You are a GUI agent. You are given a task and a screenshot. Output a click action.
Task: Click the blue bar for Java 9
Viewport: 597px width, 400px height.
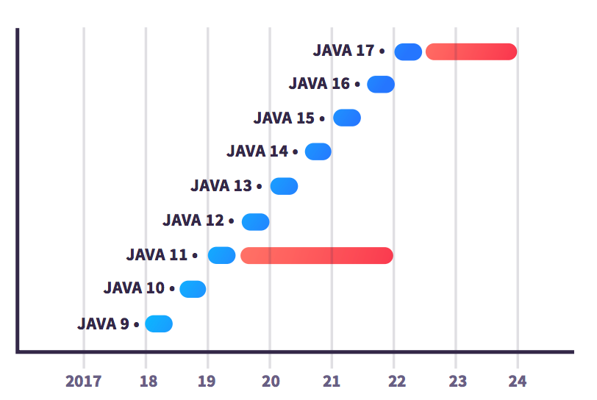click(159, 324)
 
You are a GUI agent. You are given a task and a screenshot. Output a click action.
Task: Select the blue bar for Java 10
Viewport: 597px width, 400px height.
click(193, 289)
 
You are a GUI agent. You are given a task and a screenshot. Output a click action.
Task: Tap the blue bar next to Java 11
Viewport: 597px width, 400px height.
click(221, 255)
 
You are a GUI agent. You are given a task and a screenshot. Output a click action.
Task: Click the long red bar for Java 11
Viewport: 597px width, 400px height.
click(317, 255)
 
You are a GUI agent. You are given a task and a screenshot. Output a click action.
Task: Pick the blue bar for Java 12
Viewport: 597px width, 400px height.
click(256, 221)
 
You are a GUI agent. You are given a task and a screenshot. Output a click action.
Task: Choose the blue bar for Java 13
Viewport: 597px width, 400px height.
click(284, 186)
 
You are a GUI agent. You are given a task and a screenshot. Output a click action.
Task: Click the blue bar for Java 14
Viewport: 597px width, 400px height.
click(318, 151)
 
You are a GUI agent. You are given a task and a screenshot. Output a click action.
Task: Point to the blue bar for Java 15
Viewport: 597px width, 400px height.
click(347, 118)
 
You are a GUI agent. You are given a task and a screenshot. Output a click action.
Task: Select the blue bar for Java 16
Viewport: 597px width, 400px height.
click(381, 84)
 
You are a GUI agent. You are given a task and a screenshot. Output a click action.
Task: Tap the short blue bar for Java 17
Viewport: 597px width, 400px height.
click(408, 51)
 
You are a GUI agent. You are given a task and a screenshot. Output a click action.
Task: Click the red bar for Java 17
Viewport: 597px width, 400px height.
click(471, 51)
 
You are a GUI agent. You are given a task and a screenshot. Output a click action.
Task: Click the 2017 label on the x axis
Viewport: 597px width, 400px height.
click(84, 381)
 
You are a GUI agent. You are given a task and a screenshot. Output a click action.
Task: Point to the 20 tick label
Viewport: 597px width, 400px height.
click(270, 381)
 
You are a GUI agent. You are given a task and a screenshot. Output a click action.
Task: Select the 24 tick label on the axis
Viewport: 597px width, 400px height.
click(518, 381)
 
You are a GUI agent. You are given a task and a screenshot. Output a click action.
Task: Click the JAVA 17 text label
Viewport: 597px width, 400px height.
click(343, 51)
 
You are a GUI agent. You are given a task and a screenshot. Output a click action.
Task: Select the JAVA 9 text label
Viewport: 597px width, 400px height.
click(103, 324)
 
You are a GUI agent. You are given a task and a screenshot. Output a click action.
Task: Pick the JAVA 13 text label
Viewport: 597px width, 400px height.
click(221, 186)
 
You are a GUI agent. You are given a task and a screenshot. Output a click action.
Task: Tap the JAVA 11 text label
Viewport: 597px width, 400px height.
click(157, 255)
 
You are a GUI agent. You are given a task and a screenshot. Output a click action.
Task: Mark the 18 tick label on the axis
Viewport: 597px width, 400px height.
click(146, 381)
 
